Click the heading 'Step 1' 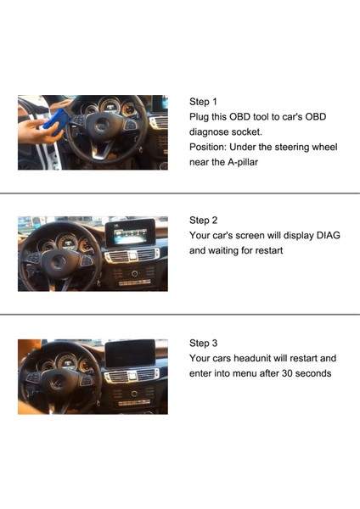(203, 101)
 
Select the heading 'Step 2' (203, 221)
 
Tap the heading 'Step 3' (203, 344)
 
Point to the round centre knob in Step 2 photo (134, 273)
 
